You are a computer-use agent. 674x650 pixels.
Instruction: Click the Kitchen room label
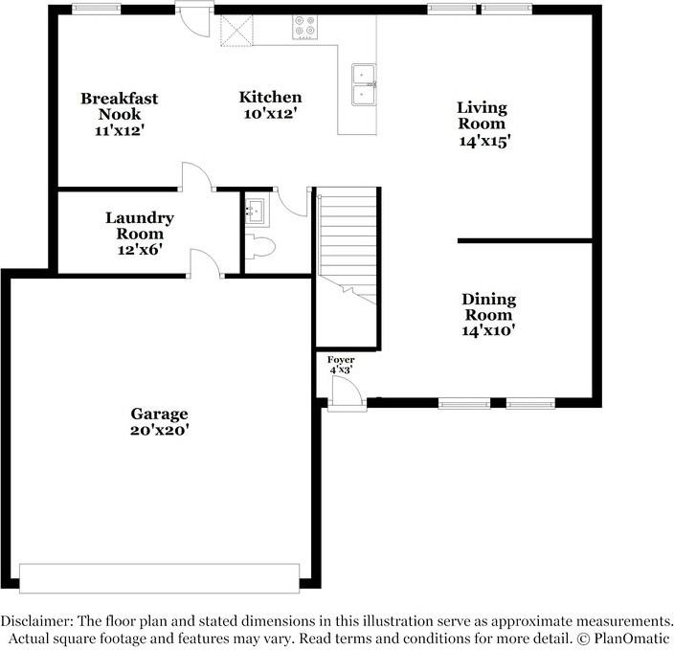(270, 97)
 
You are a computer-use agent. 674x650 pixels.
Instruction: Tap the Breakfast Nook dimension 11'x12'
(119, 130)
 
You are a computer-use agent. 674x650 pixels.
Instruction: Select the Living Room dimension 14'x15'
(484, 141)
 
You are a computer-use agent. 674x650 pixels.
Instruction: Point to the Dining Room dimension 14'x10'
(488, 330)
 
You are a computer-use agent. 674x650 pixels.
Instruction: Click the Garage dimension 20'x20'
(160, 430)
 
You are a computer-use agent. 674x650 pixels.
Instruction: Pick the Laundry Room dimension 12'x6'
(140, 249)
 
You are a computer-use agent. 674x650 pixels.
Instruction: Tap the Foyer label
(341, 360)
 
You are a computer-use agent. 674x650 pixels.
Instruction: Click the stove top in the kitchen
(304, 27)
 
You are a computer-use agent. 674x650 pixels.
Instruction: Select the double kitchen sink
(364, 84)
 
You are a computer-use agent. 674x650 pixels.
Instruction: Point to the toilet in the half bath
(259, 247)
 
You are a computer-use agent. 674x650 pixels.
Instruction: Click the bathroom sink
(257, 211)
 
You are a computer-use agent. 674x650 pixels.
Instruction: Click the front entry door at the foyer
(348, 393)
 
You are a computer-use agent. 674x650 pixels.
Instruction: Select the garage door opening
(160, 578)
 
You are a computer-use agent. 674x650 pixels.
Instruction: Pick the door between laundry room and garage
(206, 263)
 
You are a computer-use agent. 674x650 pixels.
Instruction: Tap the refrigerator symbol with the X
(236, 30)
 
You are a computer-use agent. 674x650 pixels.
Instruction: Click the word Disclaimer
(35, 621)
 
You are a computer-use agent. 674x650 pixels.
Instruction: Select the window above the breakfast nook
(97, 9)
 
